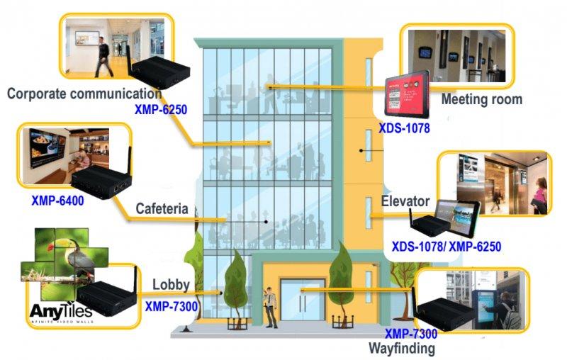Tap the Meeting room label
tap(481, 99)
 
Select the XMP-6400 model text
tap(57, 201)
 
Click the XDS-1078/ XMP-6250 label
tap(447, 247)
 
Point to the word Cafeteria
tap(162, 209)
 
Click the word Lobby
tap(171, 285)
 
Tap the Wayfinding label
tap(401, 348)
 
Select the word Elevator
tap(405, 201)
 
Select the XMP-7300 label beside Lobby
tap(171, 306)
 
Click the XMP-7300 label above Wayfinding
tap(410, 334)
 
